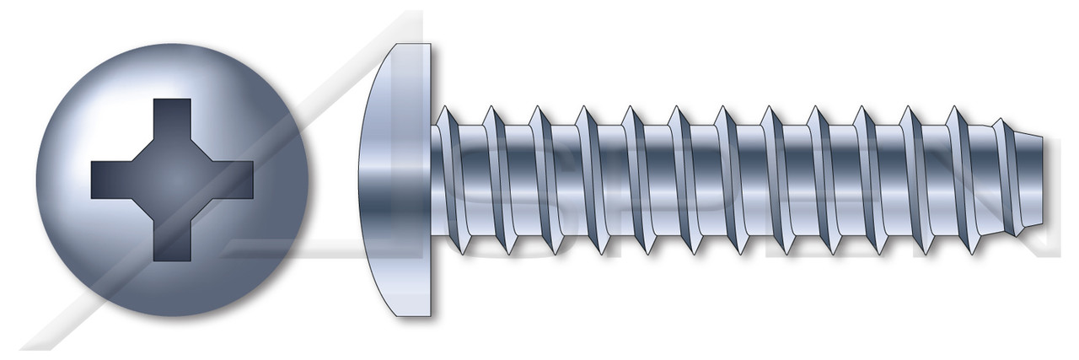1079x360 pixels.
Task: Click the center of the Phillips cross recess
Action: click(172, 180)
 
